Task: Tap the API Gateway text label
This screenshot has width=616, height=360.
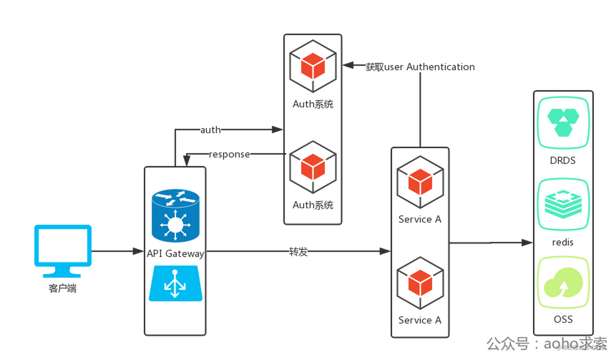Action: click(175, 254)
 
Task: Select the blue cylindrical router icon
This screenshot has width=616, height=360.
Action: click(175, 215)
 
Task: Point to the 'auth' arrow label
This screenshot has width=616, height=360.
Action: click(210, 130)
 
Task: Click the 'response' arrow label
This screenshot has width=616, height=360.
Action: click(229, 154)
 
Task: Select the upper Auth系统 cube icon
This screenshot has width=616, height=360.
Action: click(313, 66)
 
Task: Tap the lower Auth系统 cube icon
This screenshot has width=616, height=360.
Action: click(313, 167)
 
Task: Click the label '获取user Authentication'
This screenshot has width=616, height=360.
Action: click(420, 67)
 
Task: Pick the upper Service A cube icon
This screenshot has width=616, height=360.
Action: click(420, 182)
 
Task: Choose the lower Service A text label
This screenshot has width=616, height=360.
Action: click(420, 320)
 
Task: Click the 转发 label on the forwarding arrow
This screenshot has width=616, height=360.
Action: click(298, 251)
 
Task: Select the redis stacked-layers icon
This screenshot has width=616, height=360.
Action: click(563, 204)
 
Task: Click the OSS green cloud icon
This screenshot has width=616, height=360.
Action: click(563, 283)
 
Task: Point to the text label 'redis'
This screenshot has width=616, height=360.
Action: click(563, 242)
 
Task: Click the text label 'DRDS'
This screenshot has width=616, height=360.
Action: click(562, 161)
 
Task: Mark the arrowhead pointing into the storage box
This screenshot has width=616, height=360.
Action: click(527, 243)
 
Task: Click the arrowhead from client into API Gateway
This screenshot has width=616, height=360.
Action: click(137, 251)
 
